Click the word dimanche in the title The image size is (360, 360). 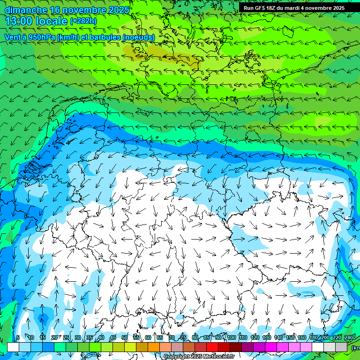[x=26, y=10]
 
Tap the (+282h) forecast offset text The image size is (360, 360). [x=83, y=21]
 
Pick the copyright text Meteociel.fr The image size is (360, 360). [x=210, y=357]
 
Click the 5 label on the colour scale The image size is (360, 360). [x=18, y=337]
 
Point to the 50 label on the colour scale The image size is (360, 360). [x=125, y=337]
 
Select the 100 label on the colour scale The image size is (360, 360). [x=231, y=337]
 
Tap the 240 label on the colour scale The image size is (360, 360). [x=348, y=337]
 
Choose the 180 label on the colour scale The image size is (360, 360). [x=313, y=337]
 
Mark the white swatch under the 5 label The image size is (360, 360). [x=13, y=347]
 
